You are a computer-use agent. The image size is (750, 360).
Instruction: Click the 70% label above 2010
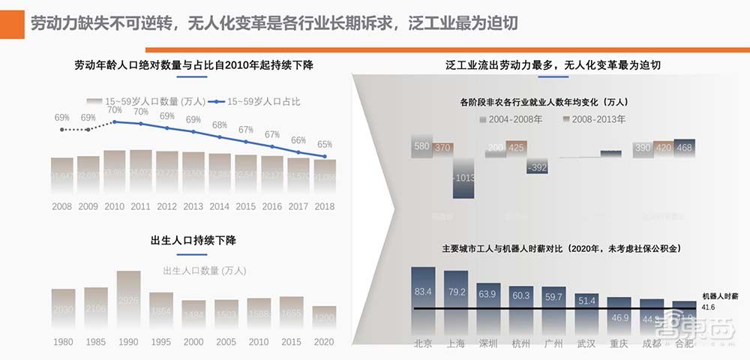pyautogui.click(x=114, y=109)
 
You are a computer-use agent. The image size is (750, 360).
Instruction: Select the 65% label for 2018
pyautogui.click(x=325, y=144)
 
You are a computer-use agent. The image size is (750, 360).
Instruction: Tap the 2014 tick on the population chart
pyautogui.click(x=220, y=206)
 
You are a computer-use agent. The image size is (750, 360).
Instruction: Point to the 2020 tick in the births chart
pyautogui.click(x=324, y=342)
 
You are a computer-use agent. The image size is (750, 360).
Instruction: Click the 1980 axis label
pyautogui.click(x=63, y=342)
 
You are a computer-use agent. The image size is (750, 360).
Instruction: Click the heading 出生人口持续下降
pyautogui.click(x=194, y=241)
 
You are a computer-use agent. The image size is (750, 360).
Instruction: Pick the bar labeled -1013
pyautogui.click(x=464, y=178)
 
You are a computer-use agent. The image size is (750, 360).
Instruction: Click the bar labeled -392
pyautogui.click(x=537, y=166)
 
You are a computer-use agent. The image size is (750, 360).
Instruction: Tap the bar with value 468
pyautogui.click(x=684, y=148)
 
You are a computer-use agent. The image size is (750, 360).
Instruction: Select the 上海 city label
pyautogui.click(x=455, y=343)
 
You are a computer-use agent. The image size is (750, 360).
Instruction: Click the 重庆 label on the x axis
pyautogui.click(x=619, y=343)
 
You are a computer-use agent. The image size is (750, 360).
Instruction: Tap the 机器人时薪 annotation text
pyautogui.click(x=719, y=296)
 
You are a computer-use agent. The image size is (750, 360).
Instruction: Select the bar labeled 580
pyautogui.click(x=421, y=147)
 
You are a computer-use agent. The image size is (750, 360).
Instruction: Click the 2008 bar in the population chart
pyautogui.click(x=62, y=175)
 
